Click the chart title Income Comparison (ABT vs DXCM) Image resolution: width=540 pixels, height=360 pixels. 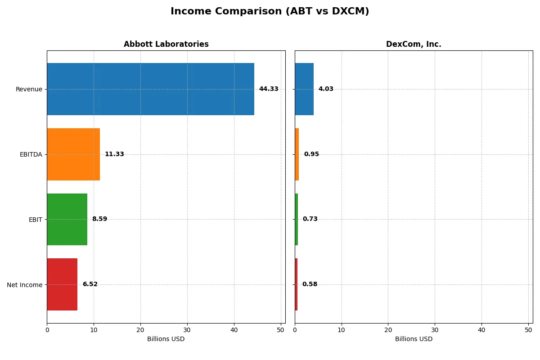click(x=270, y=12)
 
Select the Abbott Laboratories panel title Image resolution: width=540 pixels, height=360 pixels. click(x=166, y=45)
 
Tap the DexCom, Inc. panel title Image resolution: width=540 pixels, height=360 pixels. click(x=414, y=45)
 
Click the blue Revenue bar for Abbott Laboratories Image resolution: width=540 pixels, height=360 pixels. click(x=150, y=89)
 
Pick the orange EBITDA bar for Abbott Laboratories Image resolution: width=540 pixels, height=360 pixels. click(x=73, y=154)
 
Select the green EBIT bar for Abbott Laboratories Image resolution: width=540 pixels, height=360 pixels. click(x=67, y=219)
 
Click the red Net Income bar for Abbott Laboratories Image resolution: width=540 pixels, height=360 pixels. click(x=62, y=284)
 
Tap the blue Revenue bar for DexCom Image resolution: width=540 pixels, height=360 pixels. click(x=304, y=89)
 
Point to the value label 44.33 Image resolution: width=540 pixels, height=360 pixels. click(x=269, y=89)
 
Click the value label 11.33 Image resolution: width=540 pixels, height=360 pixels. click(x=114, y=154)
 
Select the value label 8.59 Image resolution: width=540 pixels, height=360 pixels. click(x=99, y=219)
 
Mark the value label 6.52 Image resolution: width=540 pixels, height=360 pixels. click(x=90, y=284)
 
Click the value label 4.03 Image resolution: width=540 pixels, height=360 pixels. click(x=326, y=89)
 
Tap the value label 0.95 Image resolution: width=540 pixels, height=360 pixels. click(x=311, y=154)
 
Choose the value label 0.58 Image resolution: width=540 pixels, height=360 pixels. click(x=310, y=284)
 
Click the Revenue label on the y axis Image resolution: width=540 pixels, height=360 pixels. click(x=29, y=90)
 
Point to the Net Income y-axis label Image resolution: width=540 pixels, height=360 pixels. click(x=25, y=285)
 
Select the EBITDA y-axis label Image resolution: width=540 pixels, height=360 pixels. click(x=31, y=155)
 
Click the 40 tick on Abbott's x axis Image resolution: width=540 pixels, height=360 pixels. click(x=234, y=330)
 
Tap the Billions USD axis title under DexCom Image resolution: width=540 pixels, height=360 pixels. click(x=414, y=339)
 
